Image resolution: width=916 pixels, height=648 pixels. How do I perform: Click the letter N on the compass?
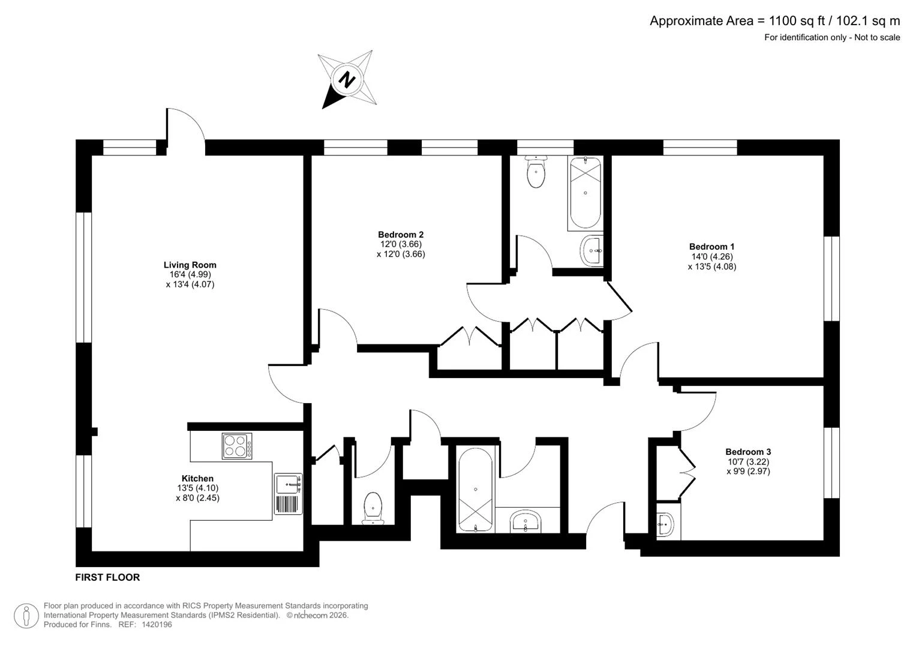pos(347,79)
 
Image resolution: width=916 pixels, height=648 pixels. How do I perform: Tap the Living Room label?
pos(190,265)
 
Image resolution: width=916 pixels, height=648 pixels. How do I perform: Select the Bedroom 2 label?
pos(401,235)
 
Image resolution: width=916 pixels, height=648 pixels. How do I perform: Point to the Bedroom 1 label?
pos(712,246)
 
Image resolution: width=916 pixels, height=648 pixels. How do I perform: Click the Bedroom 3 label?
pos(749,452)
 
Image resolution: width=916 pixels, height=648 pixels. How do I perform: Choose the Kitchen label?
pos(197,478)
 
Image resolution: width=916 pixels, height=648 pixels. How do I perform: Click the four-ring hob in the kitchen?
pos(237,446)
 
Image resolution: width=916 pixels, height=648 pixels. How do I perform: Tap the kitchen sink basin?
pos(289,484)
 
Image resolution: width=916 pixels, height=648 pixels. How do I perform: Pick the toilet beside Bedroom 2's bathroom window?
pos(536,172)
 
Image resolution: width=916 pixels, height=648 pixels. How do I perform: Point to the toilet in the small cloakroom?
pos(373,508)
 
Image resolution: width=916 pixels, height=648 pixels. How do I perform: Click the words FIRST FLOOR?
pos(107,577)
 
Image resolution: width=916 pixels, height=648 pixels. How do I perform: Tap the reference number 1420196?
pos(157,624)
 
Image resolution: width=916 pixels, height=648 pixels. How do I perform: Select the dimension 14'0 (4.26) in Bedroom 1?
pos(712,257)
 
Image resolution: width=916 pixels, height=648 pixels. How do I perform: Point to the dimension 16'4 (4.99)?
pos(190,275)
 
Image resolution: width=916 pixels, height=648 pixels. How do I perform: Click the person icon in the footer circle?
pos(26,616)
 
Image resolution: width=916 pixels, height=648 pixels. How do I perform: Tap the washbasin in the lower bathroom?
pos(525,521)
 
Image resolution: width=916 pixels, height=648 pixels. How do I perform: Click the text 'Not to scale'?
pos(877,37)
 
